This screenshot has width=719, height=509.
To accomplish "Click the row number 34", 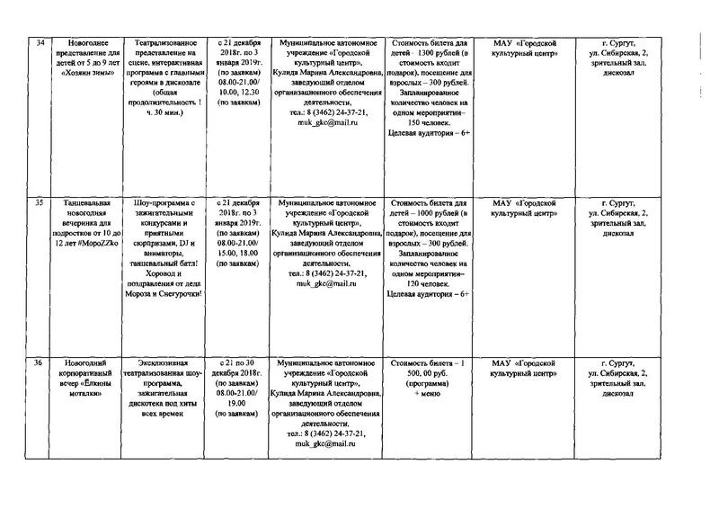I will point(39,42).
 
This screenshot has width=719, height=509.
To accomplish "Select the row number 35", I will point(39,203).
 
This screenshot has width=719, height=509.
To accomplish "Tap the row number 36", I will point(39,362).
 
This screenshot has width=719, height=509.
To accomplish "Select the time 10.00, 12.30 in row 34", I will point(239,92).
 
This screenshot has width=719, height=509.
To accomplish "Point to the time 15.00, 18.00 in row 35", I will point(239,253).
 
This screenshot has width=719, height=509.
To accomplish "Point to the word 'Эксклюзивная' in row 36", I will point(170,362).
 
